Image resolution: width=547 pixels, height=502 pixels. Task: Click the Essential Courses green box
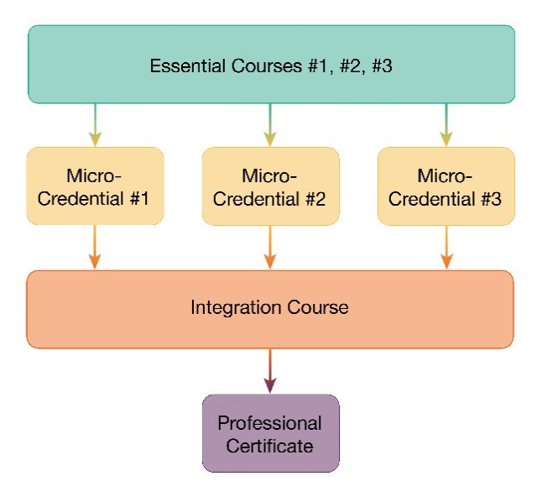point(270,64)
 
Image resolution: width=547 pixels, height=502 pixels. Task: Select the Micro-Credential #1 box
point(95,186)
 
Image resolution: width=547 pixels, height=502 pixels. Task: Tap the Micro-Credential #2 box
point(270,186)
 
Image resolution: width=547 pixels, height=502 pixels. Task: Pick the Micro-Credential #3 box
point(445,186)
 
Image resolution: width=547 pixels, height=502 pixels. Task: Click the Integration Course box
point(269,309)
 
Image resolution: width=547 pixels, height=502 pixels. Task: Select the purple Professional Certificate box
point(270,433)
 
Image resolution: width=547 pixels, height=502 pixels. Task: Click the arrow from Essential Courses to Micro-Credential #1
point(95,125)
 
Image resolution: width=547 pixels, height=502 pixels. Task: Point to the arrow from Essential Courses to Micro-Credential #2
point(270,125)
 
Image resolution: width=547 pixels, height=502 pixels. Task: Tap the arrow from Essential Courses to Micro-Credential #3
point(445,125)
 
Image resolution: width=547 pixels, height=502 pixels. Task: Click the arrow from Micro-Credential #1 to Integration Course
point(95,248)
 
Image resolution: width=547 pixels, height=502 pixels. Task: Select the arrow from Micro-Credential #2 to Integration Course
point(270,248)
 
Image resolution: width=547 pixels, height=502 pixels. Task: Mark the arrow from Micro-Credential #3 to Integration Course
point(445,248)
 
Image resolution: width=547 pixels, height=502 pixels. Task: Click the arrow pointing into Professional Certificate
point(270,371)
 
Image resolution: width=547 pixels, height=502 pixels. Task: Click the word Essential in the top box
point(184,66)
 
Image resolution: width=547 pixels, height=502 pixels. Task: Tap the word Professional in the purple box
point(270,422)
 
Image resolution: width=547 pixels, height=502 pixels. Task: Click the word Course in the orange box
point(318,307)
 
